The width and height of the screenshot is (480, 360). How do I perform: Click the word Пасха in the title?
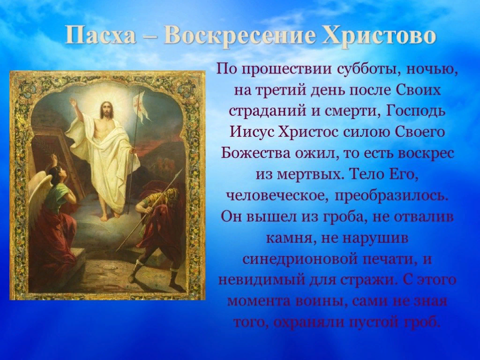[x=101, y=36]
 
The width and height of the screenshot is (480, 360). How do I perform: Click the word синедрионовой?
[x=300, y=259]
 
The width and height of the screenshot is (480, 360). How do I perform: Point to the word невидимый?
[x=261, y=280]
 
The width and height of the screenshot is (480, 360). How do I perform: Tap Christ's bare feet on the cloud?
[x=111, y=214]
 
